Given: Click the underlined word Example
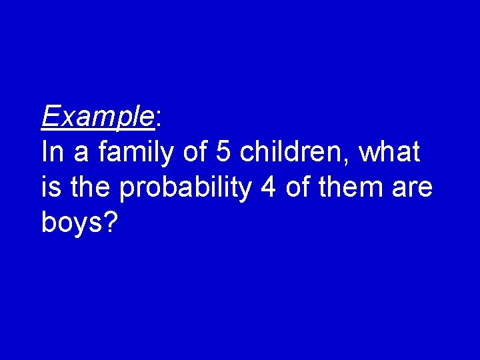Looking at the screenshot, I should coord(97,117).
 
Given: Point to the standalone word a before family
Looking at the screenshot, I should coord(81,155).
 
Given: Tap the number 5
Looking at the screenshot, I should coord(224,153).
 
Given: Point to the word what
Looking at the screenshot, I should coord(389,153).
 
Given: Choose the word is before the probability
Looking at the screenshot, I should coord(49,188).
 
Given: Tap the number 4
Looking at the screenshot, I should coord(269,188).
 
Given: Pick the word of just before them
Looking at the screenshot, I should coord(298,188).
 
